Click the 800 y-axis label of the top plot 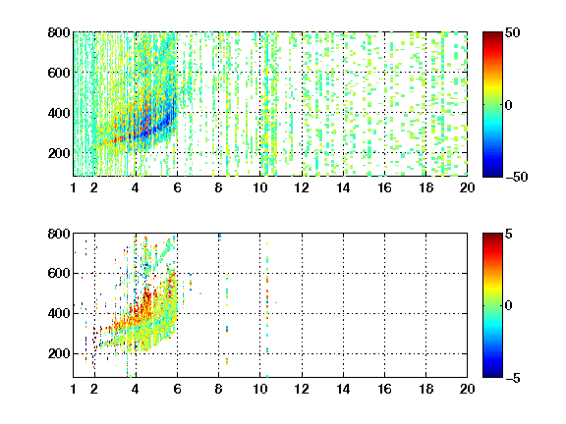59,32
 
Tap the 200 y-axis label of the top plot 59,153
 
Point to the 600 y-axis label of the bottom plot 59,273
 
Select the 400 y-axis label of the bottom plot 59,313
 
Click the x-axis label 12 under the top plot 302,187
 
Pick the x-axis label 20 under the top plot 467,187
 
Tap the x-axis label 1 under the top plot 74,187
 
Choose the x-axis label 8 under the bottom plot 219,389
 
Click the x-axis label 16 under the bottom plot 385,389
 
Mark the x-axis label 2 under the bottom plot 94,389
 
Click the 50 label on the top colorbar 513,32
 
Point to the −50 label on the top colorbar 517,177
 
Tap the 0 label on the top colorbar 509,105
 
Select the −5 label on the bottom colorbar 513,378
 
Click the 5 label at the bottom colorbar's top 509,234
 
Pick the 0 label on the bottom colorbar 509,306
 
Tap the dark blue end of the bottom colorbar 492,375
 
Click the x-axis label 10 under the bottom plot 259,389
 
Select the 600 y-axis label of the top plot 59,73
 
